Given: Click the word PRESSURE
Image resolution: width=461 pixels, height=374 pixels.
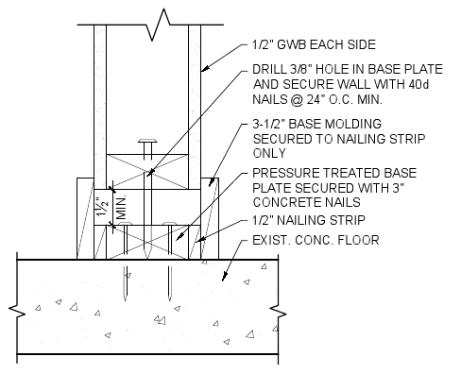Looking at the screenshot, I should tap(286, 174).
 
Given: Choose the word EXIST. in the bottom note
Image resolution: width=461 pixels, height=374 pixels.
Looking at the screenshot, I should tap(271, 241).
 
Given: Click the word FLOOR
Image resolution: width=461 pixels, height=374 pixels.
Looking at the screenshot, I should tap(361, 241).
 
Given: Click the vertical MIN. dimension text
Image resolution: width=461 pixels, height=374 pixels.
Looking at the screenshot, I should tap(121, 205).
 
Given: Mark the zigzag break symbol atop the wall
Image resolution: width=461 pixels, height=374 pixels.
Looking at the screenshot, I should tap(167, 16).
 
